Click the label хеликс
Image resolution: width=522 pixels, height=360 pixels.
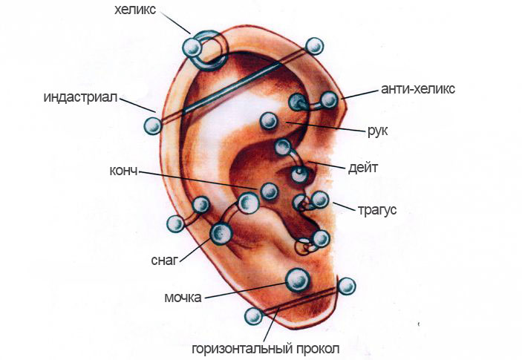pos(135,10)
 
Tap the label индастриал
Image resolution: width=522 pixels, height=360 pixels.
pos(81,97)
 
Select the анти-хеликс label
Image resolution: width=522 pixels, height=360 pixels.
pos(418,89)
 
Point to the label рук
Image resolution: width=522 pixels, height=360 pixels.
pos(377,131)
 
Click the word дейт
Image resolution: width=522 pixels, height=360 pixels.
pos(363,168)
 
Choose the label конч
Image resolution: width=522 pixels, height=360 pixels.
pos(123,171)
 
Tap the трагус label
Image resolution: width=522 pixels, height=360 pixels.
pos(377,210)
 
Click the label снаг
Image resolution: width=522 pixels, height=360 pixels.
pos(165,260)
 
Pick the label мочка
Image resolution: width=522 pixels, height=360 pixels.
pos(183,298)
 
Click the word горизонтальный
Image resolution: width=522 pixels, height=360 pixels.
pos(242,349)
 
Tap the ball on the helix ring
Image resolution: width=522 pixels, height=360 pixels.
pos(192,48)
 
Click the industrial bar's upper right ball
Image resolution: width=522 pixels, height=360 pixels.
pos(314,46)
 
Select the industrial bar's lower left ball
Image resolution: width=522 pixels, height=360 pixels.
pos(153,125)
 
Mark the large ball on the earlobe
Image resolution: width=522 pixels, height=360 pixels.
pos(298,280)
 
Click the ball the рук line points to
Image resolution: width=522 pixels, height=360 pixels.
pos(269,121)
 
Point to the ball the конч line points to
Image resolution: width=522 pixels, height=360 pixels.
pos(269,192)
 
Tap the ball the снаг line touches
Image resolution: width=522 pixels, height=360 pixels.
pos(221,234)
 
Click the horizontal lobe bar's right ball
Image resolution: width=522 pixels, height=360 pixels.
pos(347,286)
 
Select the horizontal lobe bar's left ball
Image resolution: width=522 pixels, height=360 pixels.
pos(254,316)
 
